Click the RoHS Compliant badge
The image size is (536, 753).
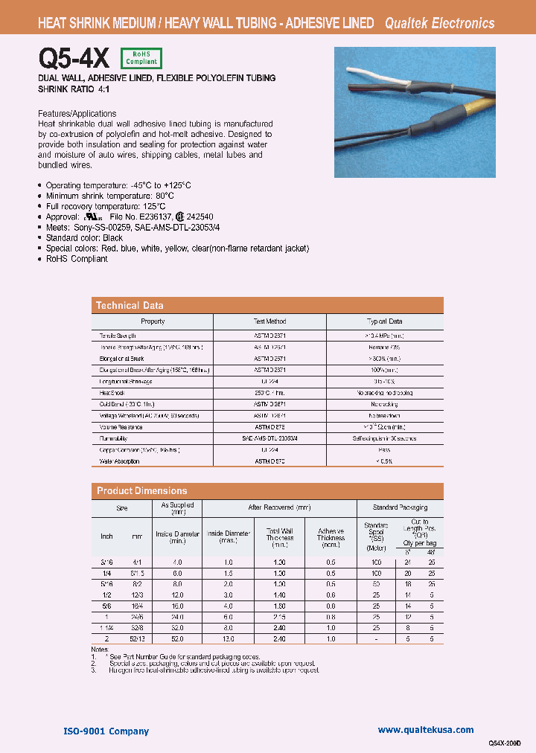140,58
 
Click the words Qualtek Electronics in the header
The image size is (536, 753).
439,23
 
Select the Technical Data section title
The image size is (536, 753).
130,305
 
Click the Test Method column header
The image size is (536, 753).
269,321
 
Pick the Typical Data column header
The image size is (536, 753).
384,321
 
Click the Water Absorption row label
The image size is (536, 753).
120,461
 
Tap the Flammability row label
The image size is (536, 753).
115,439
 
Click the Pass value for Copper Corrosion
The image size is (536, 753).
384,450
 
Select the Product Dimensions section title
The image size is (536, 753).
141,491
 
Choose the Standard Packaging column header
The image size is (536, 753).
400,507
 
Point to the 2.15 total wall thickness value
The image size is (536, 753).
280,617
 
